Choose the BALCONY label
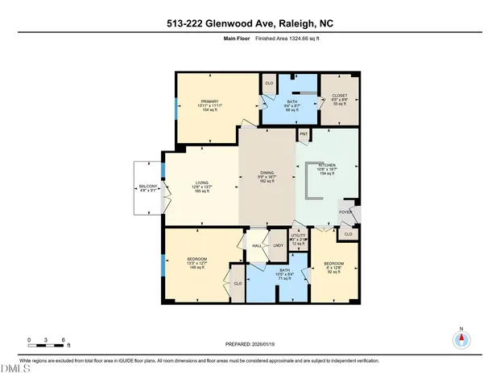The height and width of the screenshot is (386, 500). click(x=147, y=187)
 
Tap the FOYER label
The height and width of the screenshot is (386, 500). click(x=345, y=213)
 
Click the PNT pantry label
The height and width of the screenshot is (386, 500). click(x=304, y=133)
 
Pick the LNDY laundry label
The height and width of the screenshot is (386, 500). click(x=278, y=245)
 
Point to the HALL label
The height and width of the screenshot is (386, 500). click(x=256, y=245)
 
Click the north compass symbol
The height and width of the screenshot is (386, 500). click(x=461, y=338)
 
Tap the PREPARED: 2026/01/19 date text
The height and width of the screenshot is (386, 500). click(x=250, y=343)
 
